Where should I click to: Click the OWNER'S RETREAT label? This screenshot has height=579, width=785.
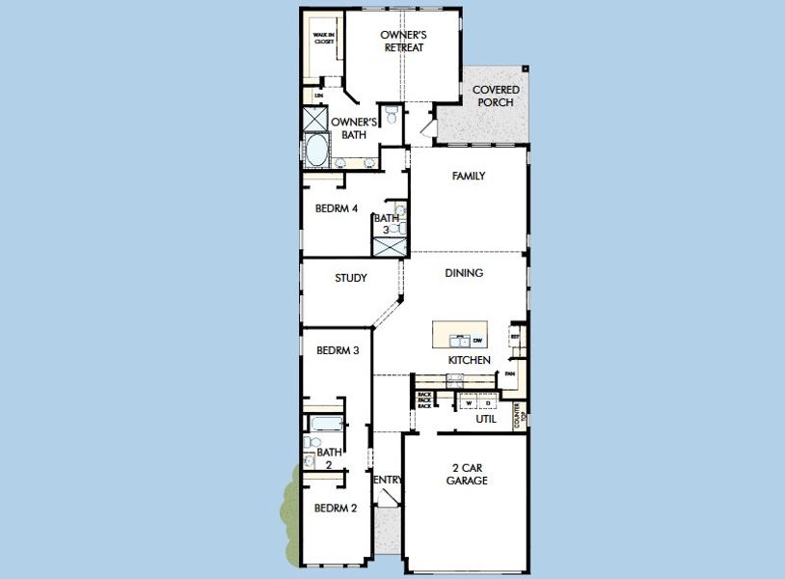(403, 41)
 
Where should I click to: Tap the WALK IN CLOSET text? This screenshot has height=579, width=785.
(323, 39)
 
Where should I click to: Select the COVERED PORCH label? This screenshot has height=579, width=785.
(496, 96)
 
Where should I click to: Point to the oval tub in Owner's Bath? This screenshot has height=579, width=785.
(317, 151)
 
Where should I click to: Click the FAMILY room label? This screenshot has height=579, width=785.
(469, 177)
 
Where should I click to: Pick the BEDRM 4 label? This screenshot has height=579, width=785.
(337, 208)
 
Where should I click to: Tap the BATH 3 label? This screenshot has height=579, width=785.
(387, 224)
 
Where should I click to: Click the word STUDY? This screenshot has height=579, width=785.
(351, 279)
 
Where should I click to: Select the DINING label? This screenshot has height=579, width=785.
(464, 273)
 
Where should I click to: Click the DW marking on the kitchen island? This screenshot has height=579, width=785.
(477, 340)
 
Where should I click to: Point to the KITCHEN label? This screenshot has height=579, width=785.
(470, 360)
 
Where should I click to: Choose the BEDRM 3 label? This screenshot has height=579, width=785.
(338, 350)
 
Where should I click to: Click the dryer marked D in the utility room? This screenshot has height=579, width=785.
(488, 401)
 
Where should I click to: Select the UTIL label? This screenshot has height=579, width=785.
(486, 420)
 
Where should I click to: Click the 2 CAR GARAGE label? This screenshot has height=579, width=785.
(467, 474)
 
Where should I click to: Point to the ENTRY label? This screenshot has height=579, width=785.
(387, 480)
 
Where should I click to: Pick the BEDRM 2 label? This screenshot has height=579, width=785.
(336, 509)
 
